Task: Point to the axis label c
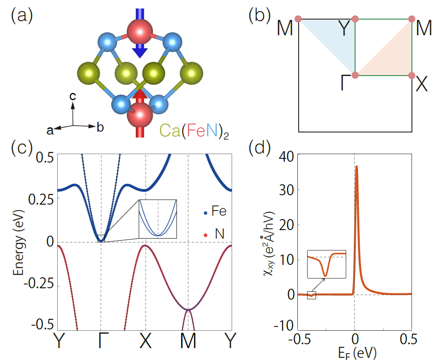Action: pos(73,97)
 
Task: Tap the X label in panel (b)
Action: pos(421,86)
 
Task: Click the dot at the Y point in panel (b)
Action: pos(356,19)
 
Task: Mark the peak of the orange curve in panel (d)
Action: pos(357,166)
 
